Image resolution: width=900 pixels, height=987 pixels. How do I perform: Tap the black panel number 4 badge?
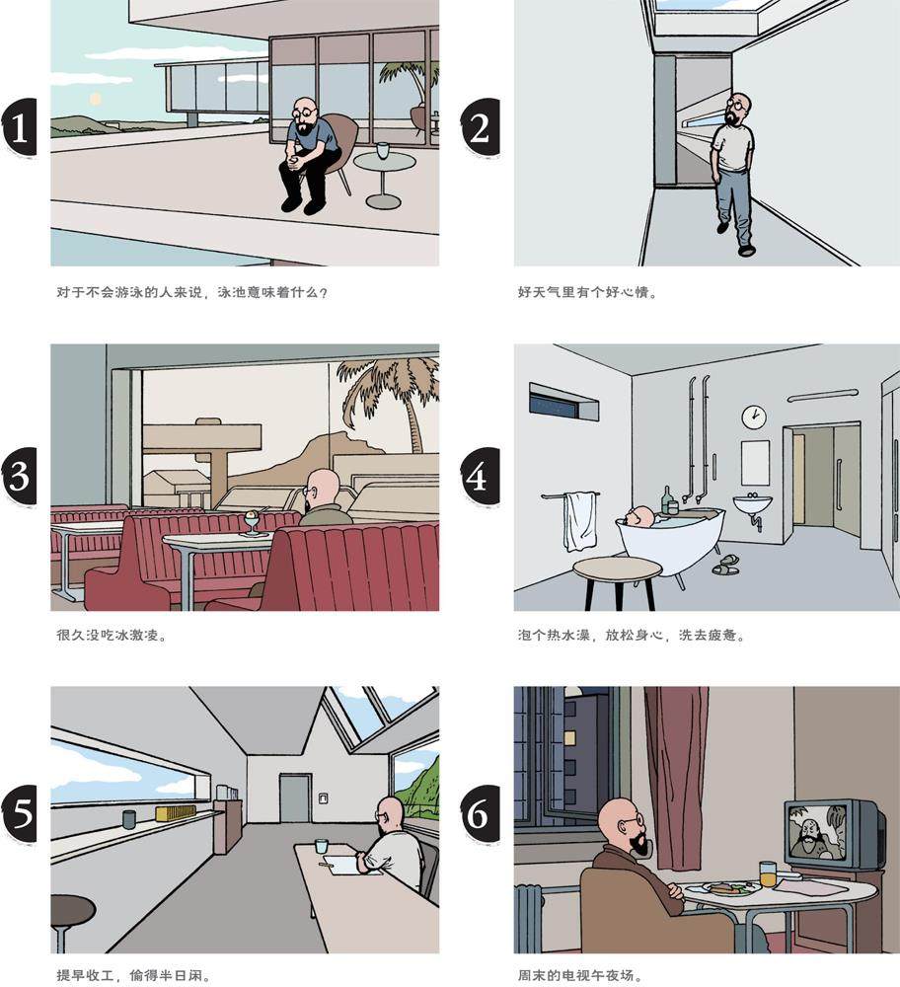click(480, 477)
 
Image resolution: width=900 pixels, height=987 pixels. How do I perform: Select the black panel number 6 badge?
click(480, 814)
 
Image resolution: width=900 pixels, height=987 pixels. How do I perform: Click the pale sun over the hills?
click(95, 99)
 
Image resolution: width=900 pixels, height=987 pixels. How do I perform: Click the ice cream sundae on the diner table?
click(252, 522)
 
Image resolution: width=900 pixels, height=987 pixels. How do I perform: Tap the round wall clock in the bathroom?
click(753, 417)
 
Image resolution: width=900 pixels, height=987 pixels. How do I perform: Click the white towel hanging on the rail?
click(579, 522)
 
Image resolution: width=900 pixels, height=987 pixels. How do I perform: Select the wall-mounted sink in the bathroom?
click(752, 504)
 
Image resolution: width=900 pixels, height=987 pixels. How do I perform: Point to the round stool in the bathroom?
click(618, 581)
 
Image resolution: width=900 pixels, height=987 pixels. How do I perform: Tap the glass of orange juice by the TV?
click(768, 873)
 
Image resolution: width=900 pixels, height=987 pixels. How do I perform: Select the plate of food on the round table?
click(731, 888)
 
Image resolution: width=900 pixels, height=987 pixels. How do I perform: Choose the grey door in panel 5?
click(294, 797)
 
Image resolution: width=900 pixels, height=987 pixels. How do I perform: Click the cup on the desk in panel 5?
click(321, 846)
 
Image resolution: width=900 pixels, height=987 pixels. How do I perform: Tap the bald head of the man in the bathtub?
click(641, 516)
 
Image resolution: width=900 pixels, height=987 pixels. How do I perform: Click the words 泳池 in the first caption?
click(232, 293)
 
